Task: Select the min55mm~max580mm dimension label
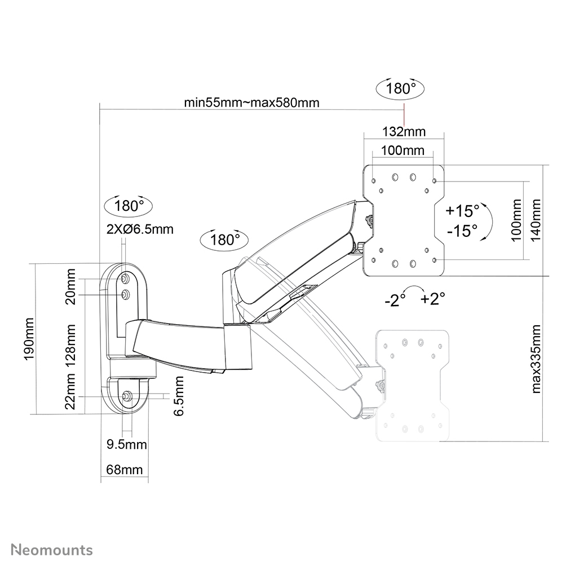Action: (251, 103)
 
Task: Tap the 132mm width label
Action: (404, 132)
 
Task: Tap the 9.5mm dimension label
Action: (127, 445)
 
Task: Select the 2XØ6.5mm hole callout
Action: (139, 229)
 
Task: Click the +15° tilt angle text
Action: (462, 211)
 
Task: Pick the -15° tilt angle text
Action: (462, 231)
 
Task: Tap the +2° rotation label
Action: (433, 298)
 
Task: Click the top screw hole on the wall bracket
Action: (126, 278)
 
